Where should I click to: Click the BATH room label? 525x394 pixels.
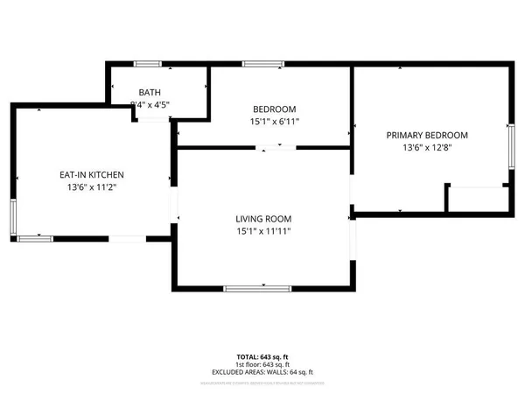[x=150, y=92]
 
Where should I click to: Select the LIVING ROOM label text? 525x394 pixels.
[x=262, y=218]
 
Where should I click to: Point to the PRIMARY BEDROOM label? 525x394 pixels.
[x=428, y=135]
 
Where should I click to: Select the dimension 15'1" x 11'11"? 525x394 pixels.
[x=262, y=231]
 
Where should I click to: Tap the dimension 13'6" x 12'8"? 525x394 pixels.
[x=428, y=148]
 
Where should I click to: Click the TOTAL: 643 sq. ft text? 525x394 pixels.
[x=262, y=357]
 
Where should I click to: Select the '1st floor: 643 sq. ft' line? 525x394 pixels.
[x=262, y=365]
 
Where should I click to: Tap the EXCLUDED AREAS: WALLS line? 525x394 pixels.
[x=262, y=373]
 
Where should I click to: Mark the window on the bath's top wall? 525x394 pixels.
[x=147, y=63]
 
